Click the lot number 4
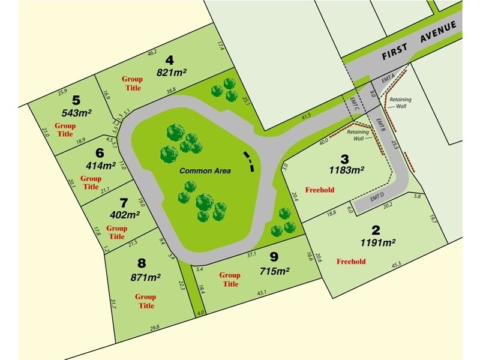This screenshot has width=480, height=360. tap(170, 60)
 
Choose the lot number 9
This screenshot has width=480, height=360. tap(274, 257)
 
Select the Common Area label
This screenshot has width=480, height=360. tap(205, 171)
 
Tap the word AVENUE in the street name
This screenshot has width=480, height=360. tap(440, 32)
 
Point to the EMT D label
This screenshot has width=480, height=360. tap(377, 197)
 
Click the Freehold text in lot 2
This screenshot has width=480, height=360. tap(351, 262)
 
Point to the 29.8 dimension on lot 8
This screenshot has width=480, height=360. tap(154, 328)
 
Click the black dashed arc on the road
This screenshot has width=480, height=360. tap(247, 160)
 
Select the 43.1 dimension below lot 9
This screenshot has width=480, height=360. tap(262, 293)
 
